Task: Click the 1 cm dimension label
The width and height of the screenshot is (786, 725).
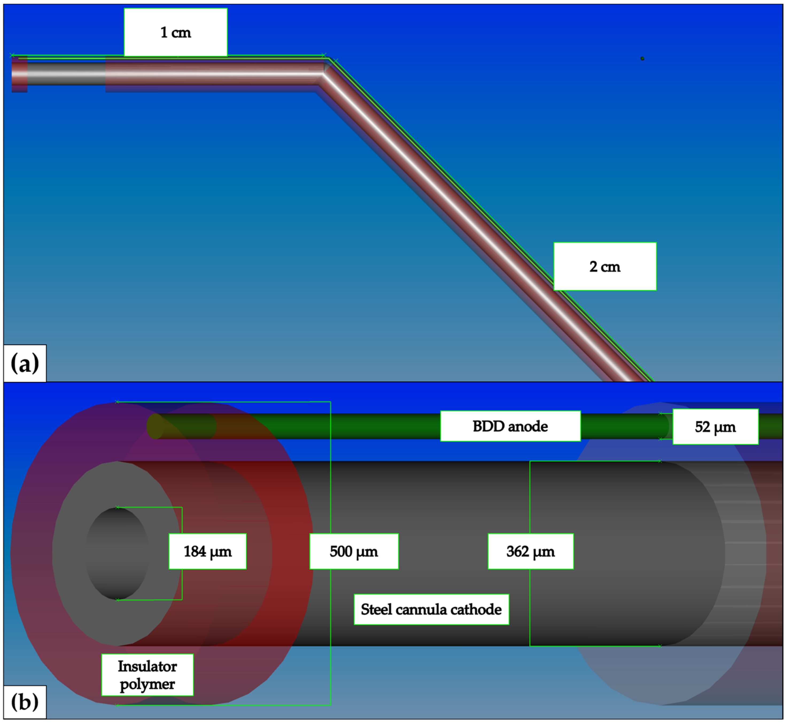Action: pyautogui.click(x=176, y=32)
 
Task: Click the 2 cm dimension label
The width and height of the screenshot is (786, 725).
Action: pyautogui.click(x=604, y=267)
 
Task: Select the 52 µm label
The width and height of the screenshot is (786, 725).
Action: pyautogui.click(x=715, y=427)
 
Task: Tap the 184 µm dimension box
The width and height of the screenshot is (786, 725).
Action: pyautogui.click(x=207, y=551)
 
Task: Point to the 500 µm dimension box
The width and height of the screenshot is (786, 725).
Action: pyautogui.click(x=353, y=551)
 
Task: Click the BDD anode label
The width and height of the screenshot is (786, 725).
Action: pyautogui.click(x=510, y=426)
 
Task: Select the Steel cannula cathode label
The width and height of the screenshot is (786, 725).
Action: pyautogui.click(x=431, y=609)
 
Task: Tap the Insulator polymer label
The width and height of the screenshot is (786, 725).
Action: pyautogui.click(x=147, y=675)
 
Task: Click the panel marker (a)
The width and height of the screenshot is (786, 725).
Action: pyautogui.click(x=25, y=363)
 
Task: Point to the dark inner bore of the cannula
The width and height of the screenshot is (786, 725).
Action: pyautogui.click(x=117, y=553)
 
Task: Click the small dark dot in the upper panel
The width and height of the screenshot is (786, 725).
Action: pyautogui.click(x=642, y=58)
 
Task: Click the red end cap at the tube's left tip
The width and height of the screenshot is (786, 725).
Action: pyautogui.click(x=19, y=75)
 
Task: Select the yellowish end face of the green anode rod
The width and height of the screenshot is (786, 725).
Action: pyautogui.click(x=155, y=426)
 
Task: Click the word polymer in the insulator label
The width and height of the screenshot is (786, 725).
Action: pyautogui.click(x=147, y=684)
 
